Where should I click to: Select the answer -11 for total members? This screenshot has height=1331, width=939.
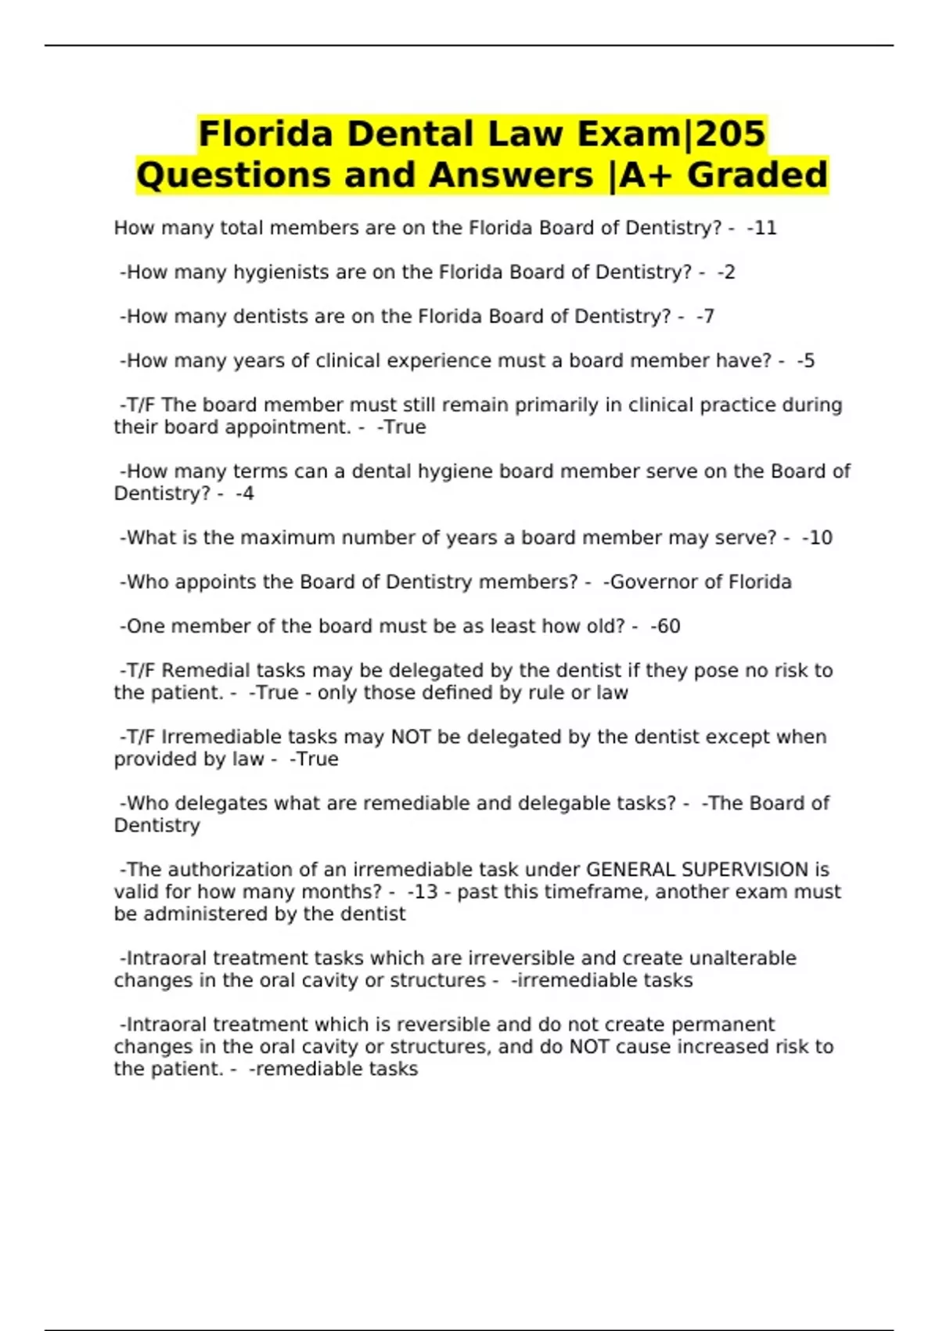(762, 228)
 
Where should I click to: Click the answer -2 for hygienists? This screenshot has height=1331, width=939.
(726, 272)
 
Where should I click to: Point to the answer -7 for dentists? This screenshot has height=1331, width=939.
(705, 316)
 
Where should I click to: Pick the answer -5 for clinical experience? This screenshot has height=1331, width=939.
(806, 361)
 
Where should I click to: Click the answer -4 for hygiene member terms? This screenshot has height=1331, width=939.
(245, 493)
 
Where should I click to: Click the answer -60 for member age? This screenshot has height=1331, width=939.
(665, 626)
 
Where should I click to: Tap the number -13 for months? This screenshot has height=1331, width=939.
(423, 892)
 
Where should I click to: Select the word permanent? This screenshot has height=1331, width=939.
(723, 1024)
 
